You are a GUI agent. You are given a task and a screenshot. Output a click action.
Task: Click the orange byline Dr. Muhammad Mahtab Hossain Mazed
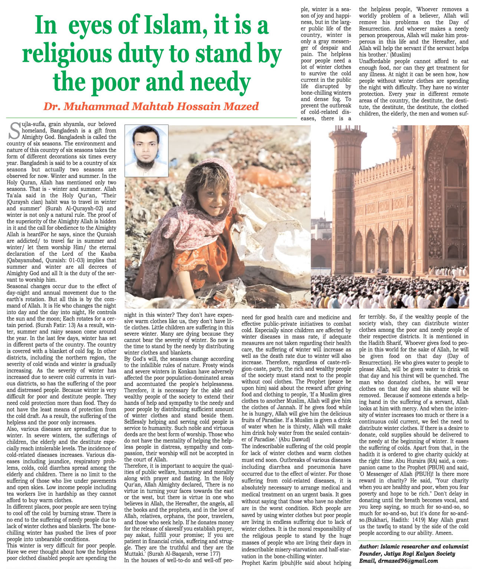click(x=151, y=106)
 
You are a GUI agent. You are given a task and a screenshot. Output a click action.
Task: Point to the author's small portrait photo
click(x=146, y=150)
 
